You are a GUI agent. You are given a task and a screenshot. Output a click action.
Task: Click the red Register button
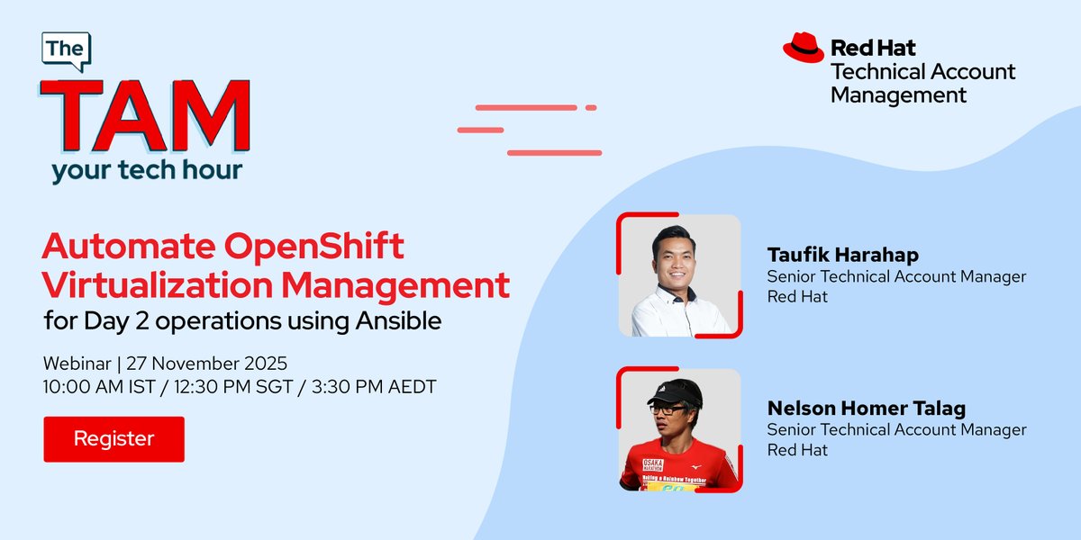pyautogui.click(x=114, y=439)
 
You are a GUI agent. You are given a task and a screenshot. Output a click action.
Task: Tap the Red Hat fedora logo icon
pyautogui.click(x=803, y=48)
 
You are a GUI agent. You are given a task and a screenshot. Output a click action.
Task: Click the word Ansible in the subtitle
pyautogui.click(x=399, y=320)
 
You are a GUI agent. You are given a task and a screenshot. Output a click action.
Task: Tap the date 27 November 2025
pyautogui.click(x=206, y=364)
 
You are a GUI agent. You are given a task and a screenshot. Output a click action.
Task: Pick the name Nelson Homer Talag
pyautogui.click(x=867, y=408)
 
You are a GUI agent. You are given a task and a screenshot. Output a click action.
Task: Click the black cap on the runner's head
pyautogui.click(x=676, y=391)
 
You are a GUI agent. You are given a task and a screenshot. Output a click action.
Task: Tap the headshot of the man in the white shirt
pyautogui.click(x=678, y=275)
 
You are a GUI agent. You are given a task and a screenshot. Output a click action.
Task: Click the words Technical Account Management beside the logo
pyautogui.click(x=922, y=83)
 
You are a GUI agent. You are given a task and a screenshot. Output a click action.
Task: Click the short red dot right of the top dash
pyautogui.click(x=591, y=108)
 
